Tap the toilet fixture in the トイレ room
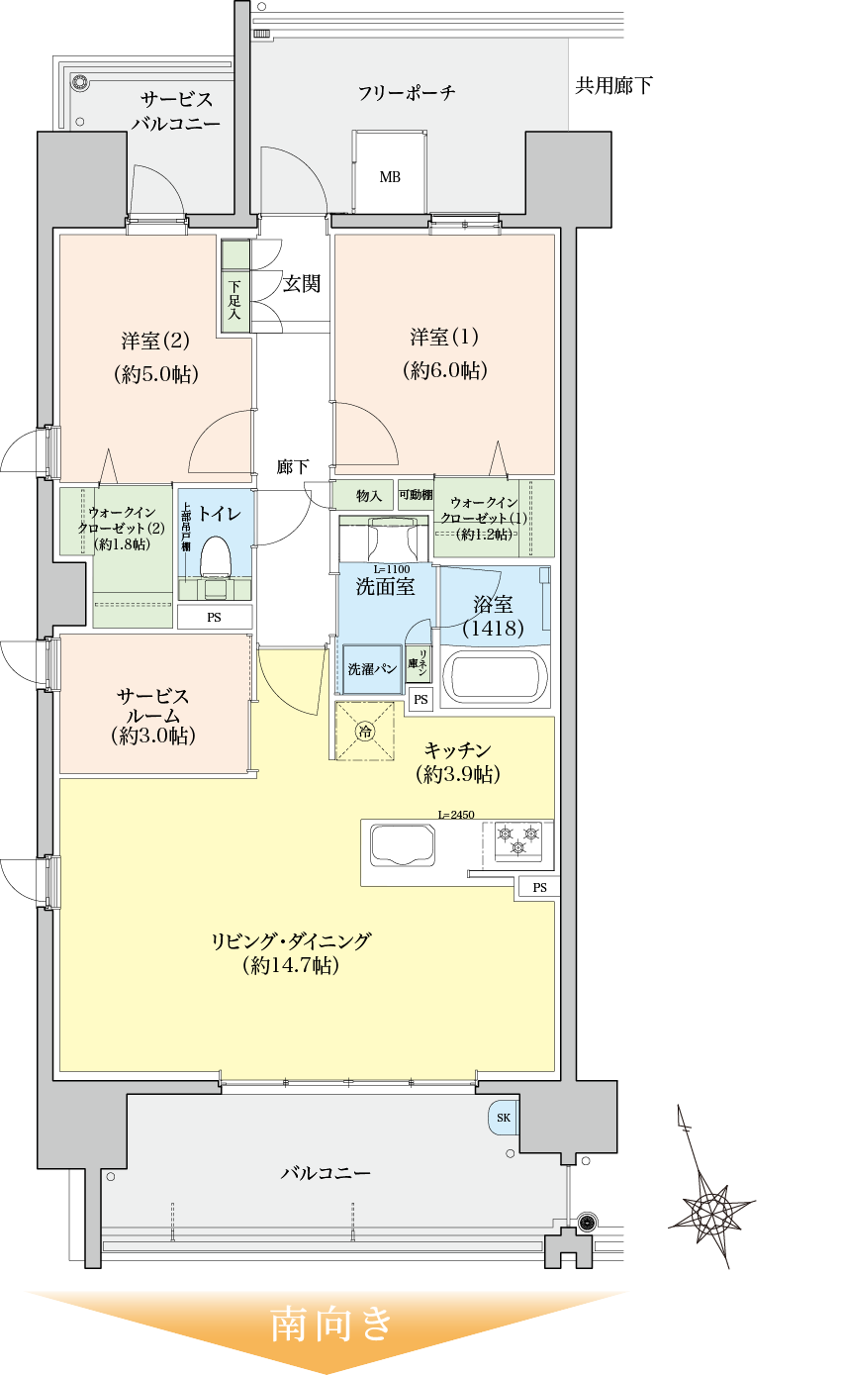215,558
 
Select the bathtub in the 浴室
494,676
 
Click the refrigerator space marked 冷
365,732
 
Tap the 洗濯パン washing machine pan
371,669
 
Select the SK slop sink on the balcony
503,1118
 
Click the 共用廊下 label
613,86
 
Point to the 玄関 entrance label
301,284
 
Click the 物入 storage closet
368,495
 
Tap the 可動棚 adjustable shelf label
415,495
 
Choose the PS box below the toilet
214,617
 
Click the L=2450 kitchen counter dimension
456,815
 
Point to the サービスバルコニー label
175,111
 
